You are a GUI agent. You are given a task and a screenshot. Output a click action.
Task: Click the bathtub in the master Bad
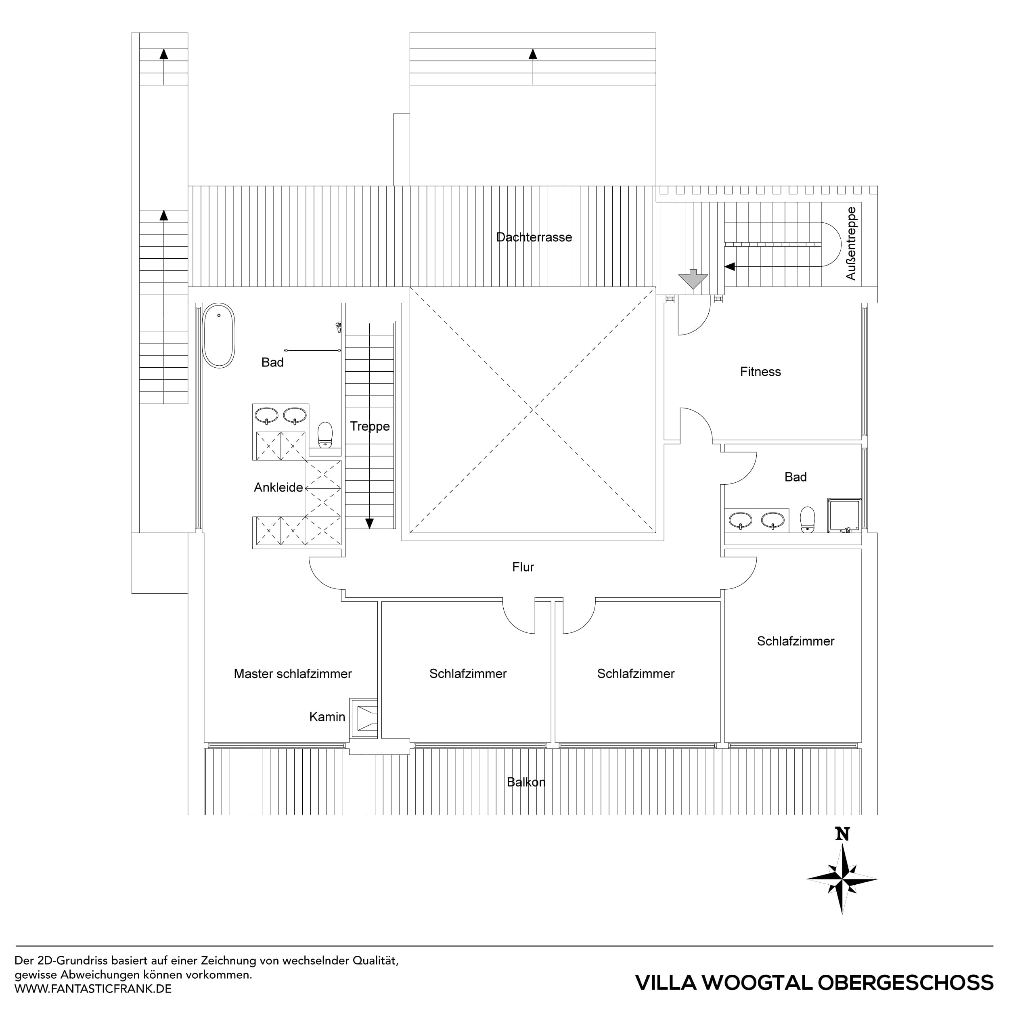219,336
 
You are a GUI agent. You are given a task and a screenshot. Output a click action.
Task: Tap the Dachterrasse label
534,237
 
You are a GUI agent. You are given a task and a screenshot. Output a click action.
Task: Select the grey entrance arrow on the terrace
693,279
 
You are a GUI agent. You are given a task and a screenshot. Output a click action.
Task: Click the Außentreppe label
851,243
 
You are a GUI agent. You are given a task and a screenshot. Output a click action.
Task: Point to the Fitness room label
760,372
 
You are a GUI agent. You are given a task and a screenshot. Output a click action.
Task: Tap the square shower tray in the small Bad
844,515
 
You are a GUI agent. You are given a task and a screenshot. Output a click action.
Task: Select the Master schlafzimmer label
293,674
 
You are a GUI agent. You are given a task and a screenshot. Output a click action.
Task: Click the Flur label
523,567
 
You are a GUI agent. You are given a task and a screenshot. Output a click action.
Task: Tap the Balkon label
526,782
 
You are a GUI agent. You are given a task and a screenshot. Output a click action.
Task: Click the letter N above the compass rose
842,834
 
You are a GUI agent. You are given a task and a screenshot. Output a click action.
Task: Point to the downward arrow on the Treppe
369,523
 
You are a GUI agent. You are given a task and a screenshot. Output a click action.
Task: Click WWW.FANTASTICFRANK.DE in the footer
93,989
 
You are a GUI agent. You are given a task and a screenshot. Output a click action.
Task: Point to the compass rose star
842,879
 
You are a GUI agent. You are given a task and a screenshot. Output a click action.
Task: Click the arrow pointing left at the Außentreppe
730,266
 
